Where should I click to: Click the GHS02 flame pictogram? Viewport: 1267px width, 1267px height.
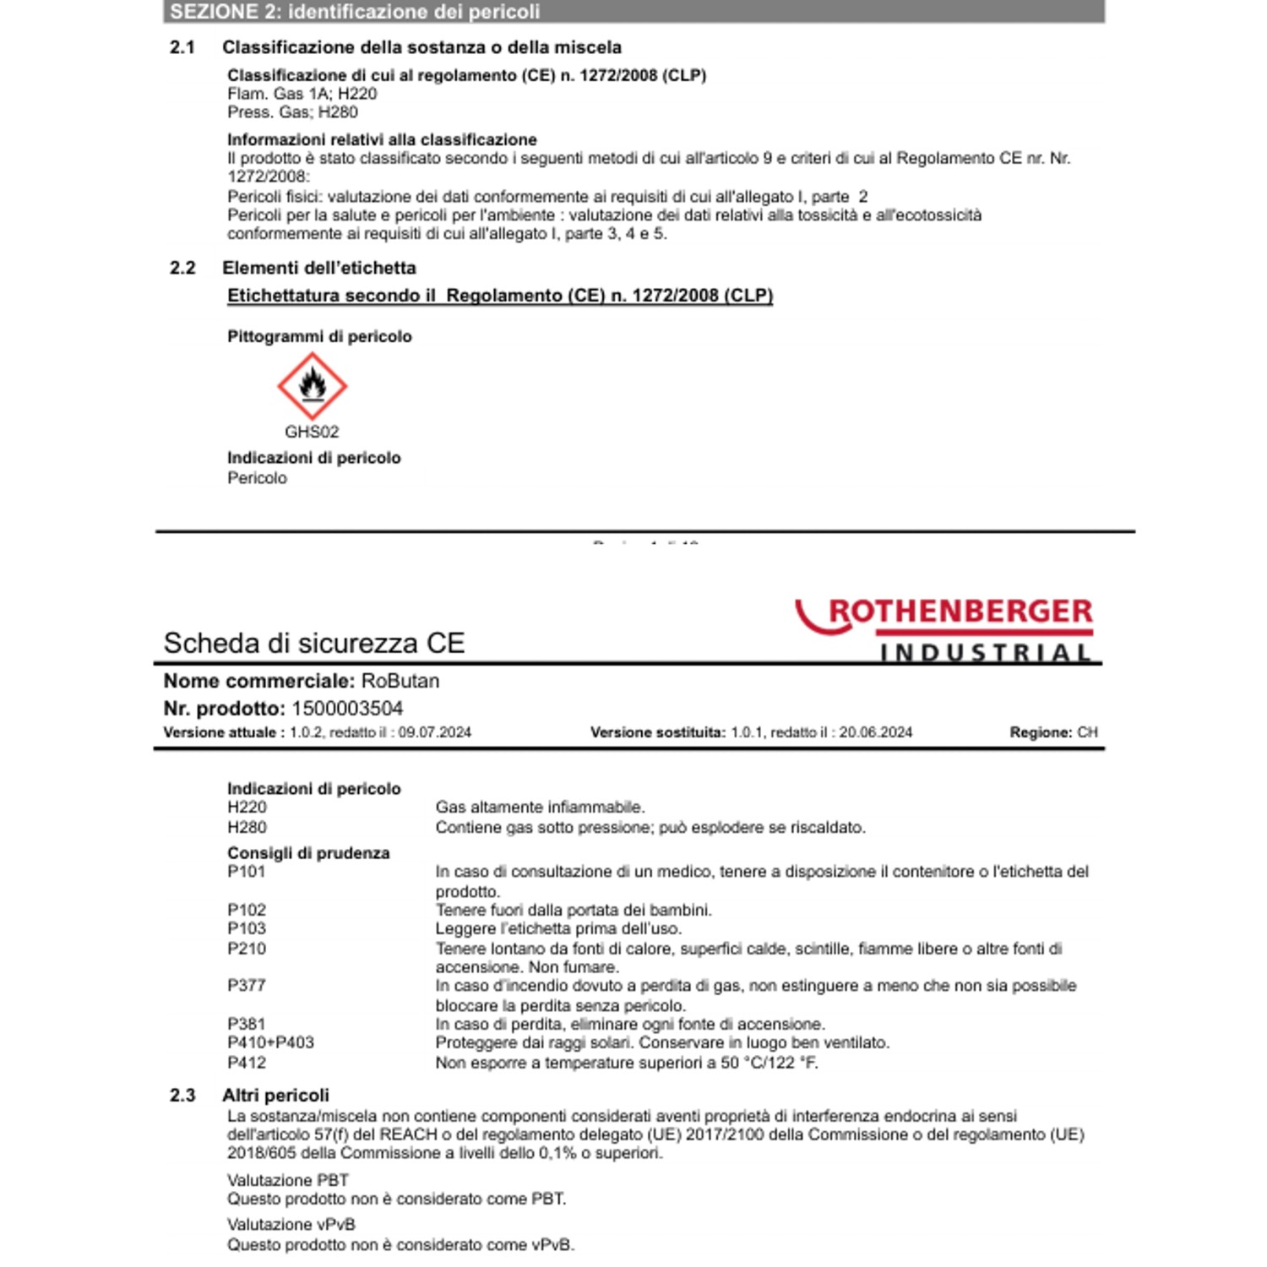(313, 386)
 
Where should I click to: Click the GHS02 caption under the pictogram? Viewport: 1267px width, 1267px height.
(312, 432)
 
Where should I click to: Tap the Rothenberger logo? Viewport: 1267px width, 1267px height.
(945, 628)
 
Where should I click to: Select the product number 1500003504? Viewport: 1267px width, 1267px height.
(347, 709)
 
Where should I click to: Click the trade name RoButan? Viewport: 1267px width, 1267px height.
(400, 681)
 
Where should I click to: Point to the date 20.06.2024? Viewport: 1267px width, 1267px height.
(875, 732)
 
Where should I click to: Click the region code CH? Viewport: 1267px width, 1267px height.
(1087, 732)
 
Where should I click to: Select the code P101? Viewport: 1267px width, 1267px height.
(246, 872)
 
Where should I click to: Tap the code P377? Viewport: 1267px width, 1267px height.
(246, 986)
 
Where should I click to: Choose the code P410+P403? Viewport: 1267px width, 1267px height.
(270, 1043)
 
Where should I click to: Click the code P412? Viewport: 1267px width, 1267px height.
(246, 1063)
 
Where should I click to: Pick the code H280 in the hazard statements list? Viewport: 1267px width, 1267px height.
(247, 828)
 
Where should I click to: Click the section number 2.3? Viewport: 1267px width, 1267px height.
(182, 1096)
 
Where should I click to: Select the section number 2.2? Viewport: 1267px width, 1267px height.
(182, 269)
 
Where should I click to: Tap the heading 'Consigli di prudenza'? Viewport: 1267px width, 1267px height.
(308, 853)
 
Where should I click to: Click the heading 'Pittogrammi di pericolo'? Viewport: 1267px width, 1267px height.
(319, 336)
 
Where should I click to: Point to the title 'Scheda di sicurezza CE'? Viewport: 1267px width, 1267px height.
(314, 644)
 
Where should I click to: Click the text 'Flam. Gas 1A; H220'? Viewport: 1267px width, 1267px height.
(302, 94)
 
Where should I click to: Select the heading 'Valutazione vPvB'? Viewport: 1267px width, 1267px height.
(291, 1225)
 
